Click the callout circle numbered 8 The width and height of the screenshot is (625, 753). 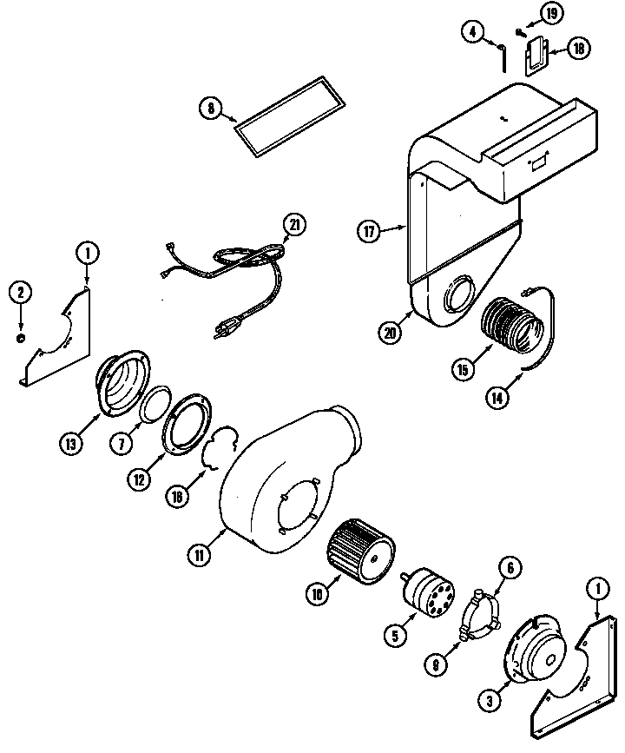coord(210,109)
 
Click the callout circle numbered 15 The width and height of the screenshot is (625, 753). coord(462,369)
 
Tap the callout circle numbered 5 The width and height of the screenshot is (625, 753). coord(395,635)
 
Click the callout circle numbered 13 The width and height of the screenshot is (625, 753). coord(69,444)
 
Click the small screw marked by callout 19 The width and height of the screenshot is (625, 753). coord(520,33)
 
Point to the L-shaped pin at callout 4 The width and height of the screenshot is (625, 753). coord(504,56)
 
